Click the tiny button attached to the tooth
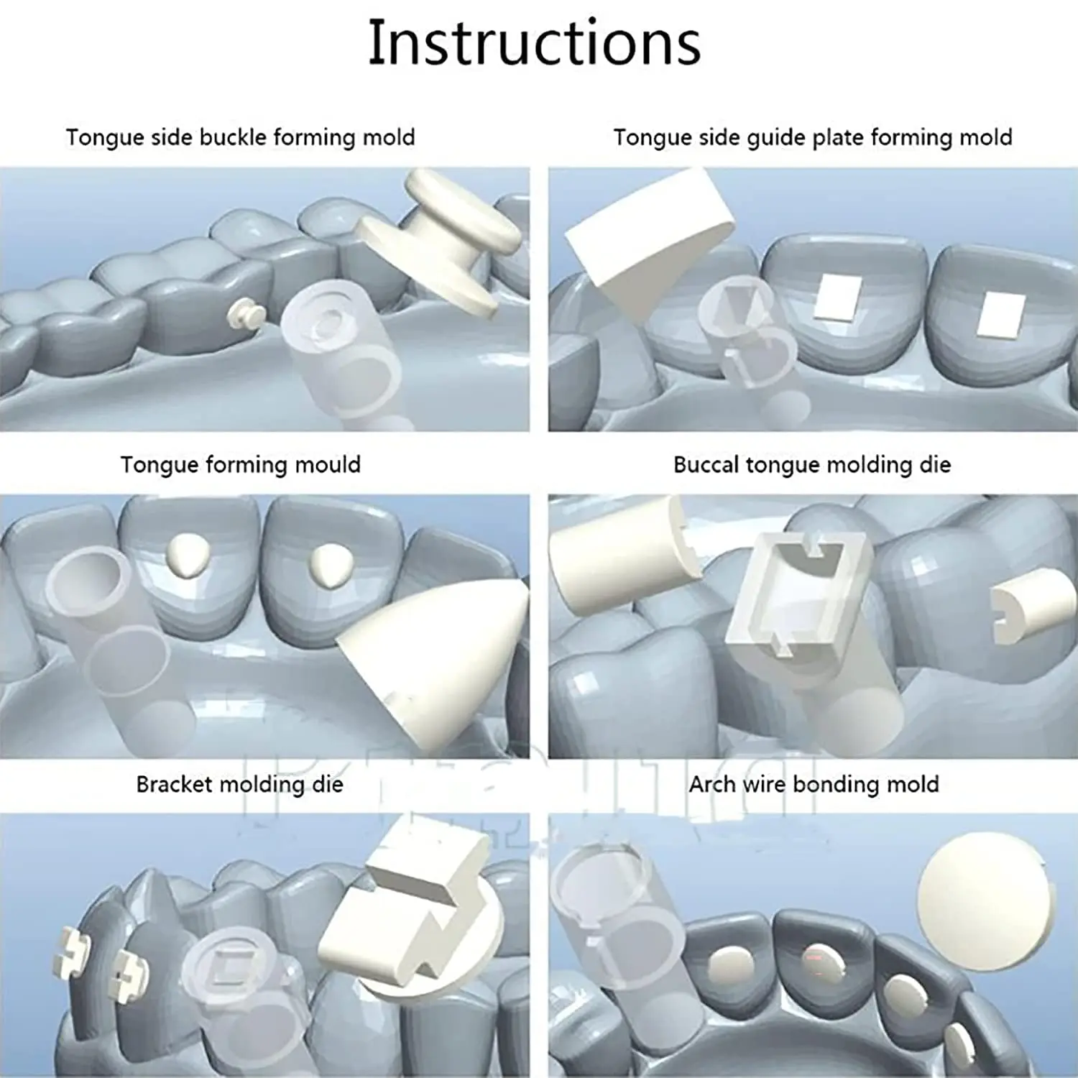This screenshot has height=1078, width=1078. [243, 313]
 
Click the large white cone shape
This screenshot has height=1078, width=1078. [438, 647]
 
